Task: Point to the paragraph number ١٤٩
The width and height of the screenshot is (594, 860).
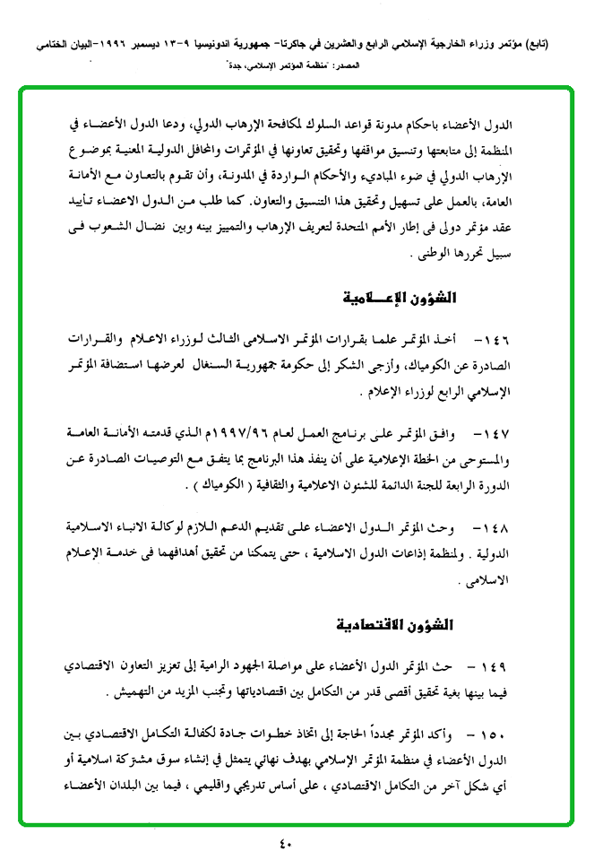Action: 495,667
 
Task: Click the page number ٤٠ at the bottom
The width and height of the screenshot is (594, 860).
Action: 286,844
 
